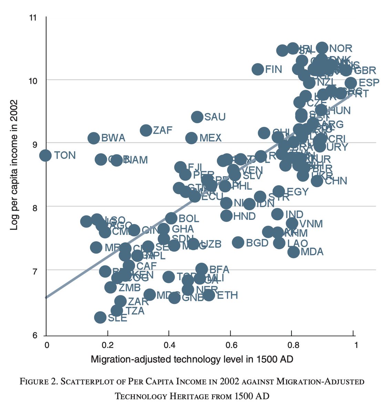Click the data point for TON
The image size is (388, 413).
(x=45, y=155)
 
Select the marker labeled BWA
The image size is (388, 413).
(x=93, y=138)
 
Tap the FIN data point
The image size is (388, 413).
(x=257, y=70)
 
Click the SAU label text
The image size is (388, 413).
(x=215, y=117)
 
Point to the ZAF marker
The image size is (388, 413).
(x=146, y=130)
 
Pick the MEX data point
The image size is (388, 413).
(x=192, y=138)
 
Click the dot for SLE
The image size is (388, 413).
(x=100, y=317)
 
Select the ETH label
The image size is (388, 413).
(x=227, y=295)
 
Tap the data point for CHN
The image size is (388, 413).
(x=317, y=181)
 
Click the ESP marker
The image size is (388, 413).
(x=350, y=83)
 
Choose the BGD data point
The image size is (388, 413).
(x=238, y=242)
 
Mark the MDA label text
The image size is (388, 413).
(x=312, y=252)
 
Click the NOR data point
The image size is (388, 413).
(x=322, y=48)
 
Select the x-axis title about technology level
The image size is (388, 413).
(x=192, y=360)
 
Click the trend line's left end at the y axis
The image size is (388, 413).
(x=46, y=297)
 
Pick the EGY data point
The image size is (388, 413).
(x=278, y=191)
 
